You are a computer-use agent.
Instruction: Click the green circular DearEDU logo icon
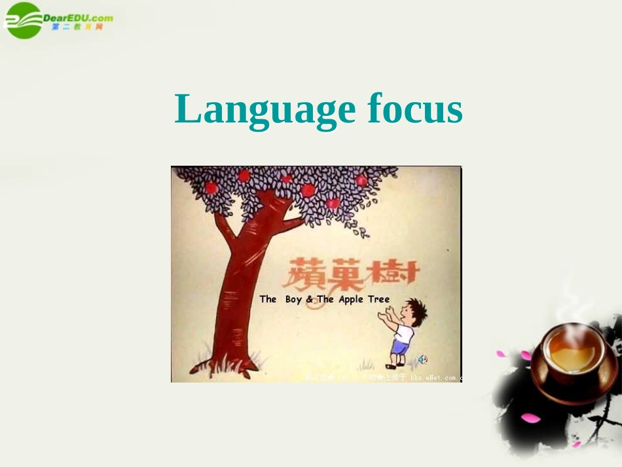pos(24,20)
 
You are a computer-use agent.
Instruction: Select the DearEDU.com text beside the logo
pos(78,18)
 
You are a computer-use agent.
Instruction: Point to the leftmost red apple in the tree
pos(211,188)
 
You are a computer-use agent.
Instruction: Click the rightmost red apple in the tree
pos(361,181)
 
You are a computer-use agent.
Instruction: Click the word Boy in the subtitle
pos(293,299)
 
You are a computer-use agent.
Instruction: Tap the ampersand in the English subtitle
pos(310,299)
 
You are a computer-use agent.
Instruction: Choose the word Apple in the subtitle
pos(351,299)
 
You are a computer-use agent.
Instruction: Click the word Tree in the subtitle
pos(378,299)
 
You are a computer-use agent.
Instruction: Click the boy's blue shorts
pos(400,347)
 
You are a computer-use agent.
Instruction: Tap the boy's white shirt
pos(403,333)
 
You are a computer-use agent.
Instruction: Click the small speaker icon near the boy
pos(422,359)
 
